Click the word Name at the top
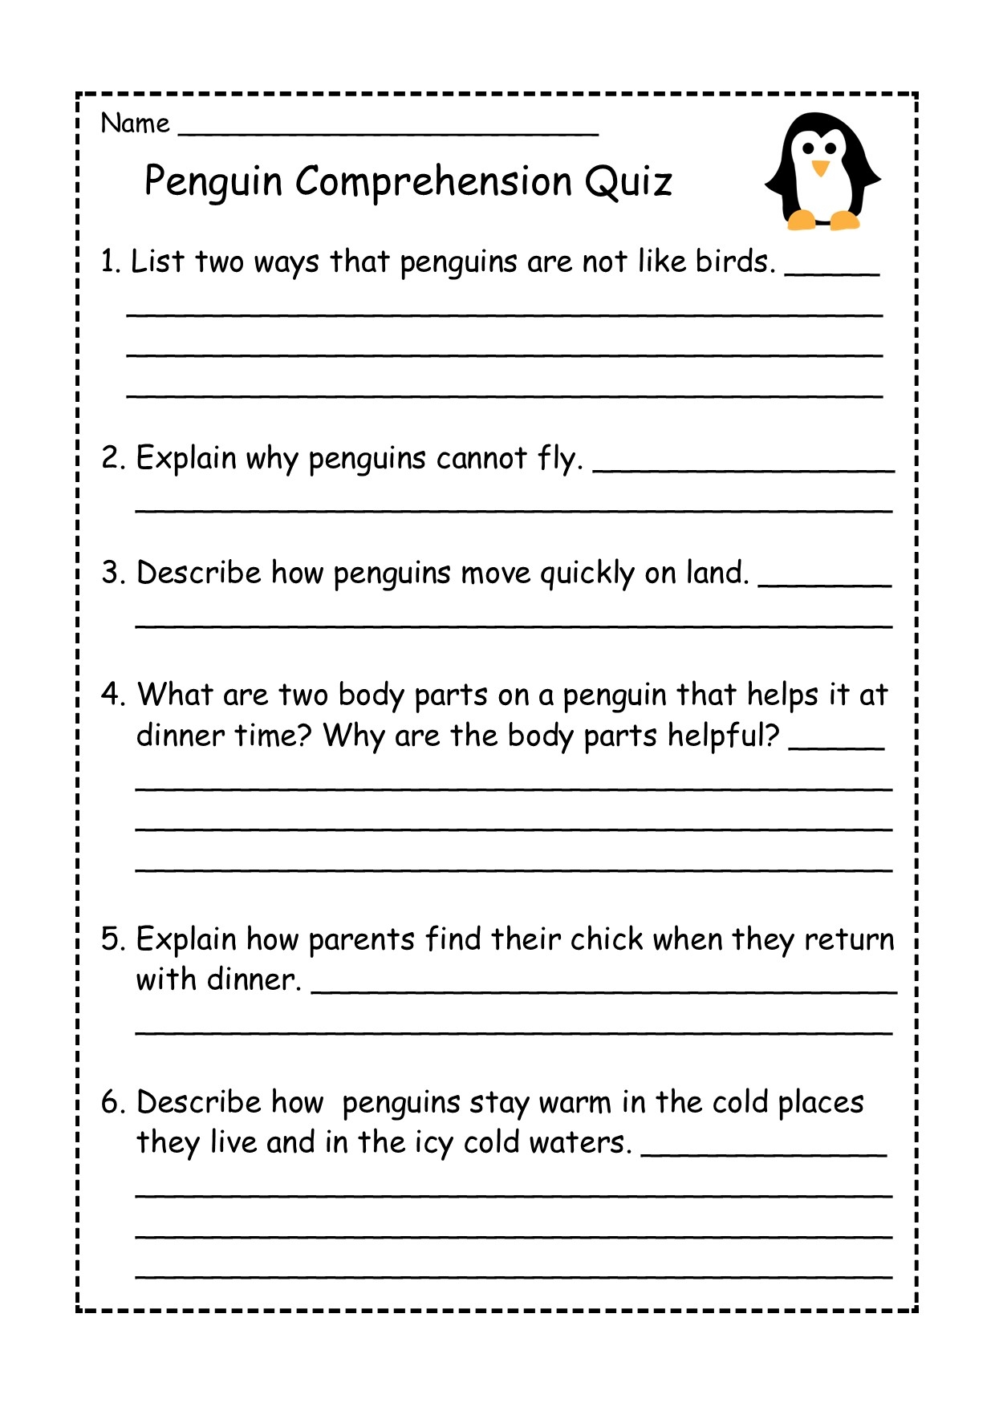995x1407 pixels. (135, 124)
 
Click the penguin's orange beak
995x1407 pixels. (820, 168)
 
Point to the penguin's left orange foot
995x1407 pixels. (802, 220)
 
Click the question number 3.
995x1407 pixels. (111, 574)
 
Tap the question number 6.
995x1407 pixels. (112, 1103)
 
